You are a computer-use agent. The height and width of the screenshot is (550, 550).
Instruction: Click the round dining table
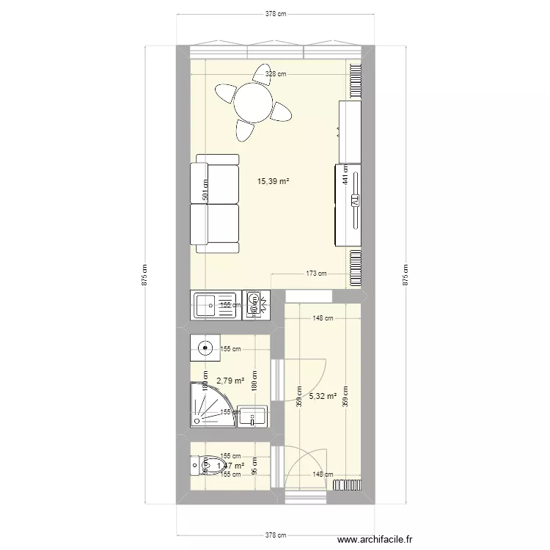click(253, 103)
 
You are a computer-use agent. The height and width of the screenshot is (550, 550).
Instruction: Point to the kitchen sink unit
click(213, 305)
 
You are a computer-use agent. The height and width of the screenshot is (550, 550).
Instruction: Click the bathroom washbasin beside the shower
click(253, 416)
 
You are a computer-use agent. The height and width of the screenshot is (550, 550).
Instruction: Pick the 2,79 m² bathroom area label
click(230, 381)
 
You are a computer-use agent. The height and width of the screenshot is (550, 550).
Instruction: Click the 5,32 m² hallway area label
click(323, 396)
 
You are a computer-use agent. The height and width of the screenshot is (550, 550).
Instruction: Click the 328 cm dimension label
click(275, 74)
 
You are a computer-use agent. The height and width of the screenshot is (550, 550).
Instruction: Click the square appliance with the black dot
click(205, 348)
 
